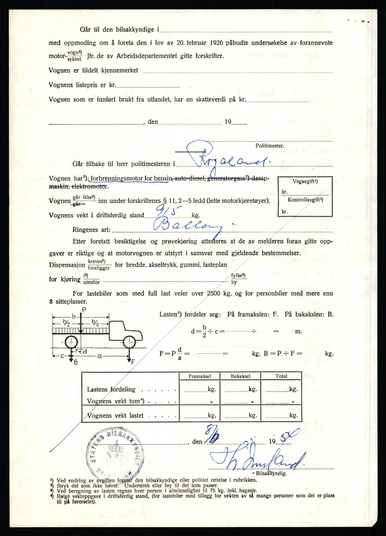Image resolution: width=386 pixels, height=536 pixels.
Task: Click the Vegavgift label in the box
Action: click(x=305, y=181)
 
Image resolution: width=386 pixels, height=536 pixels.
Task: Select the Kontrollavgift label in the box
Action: click(x=305, y=200)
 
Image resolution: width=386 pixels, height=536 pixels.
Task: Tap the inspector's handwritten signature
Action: click(x=258, y=459)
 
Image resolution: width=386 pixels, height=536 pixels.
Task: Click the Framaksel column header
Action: click(x=200, y=376)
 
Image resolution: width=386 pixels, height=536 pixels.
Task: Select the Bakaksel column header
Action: click(x=240, y=376)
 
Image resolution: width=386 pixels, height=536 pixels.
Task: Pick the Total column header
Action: click(x=281, y=376)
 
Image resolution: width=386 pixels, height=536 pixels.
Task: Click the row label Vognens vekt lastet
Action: click(x=115, y=416)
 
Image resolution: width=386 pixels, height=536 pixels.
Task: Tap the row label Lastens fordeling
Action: click(x=111, y=389)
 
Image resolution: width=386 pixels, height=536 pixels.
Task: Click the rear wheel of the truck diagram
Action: click(x=71, y=342)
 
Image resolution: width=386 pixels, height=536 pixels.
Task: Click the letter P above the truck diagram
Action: click(x=84, y=310)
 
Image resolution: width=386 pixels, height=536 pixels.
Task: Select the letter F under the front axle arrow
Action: click(x=133, y=362)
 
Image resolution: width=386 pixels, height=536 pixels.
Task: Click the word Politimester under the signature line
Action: click(x=269, y=146)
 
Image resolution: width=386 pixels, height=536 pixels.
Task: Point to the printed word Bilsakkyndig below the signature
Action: click(x=271, y=473)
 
